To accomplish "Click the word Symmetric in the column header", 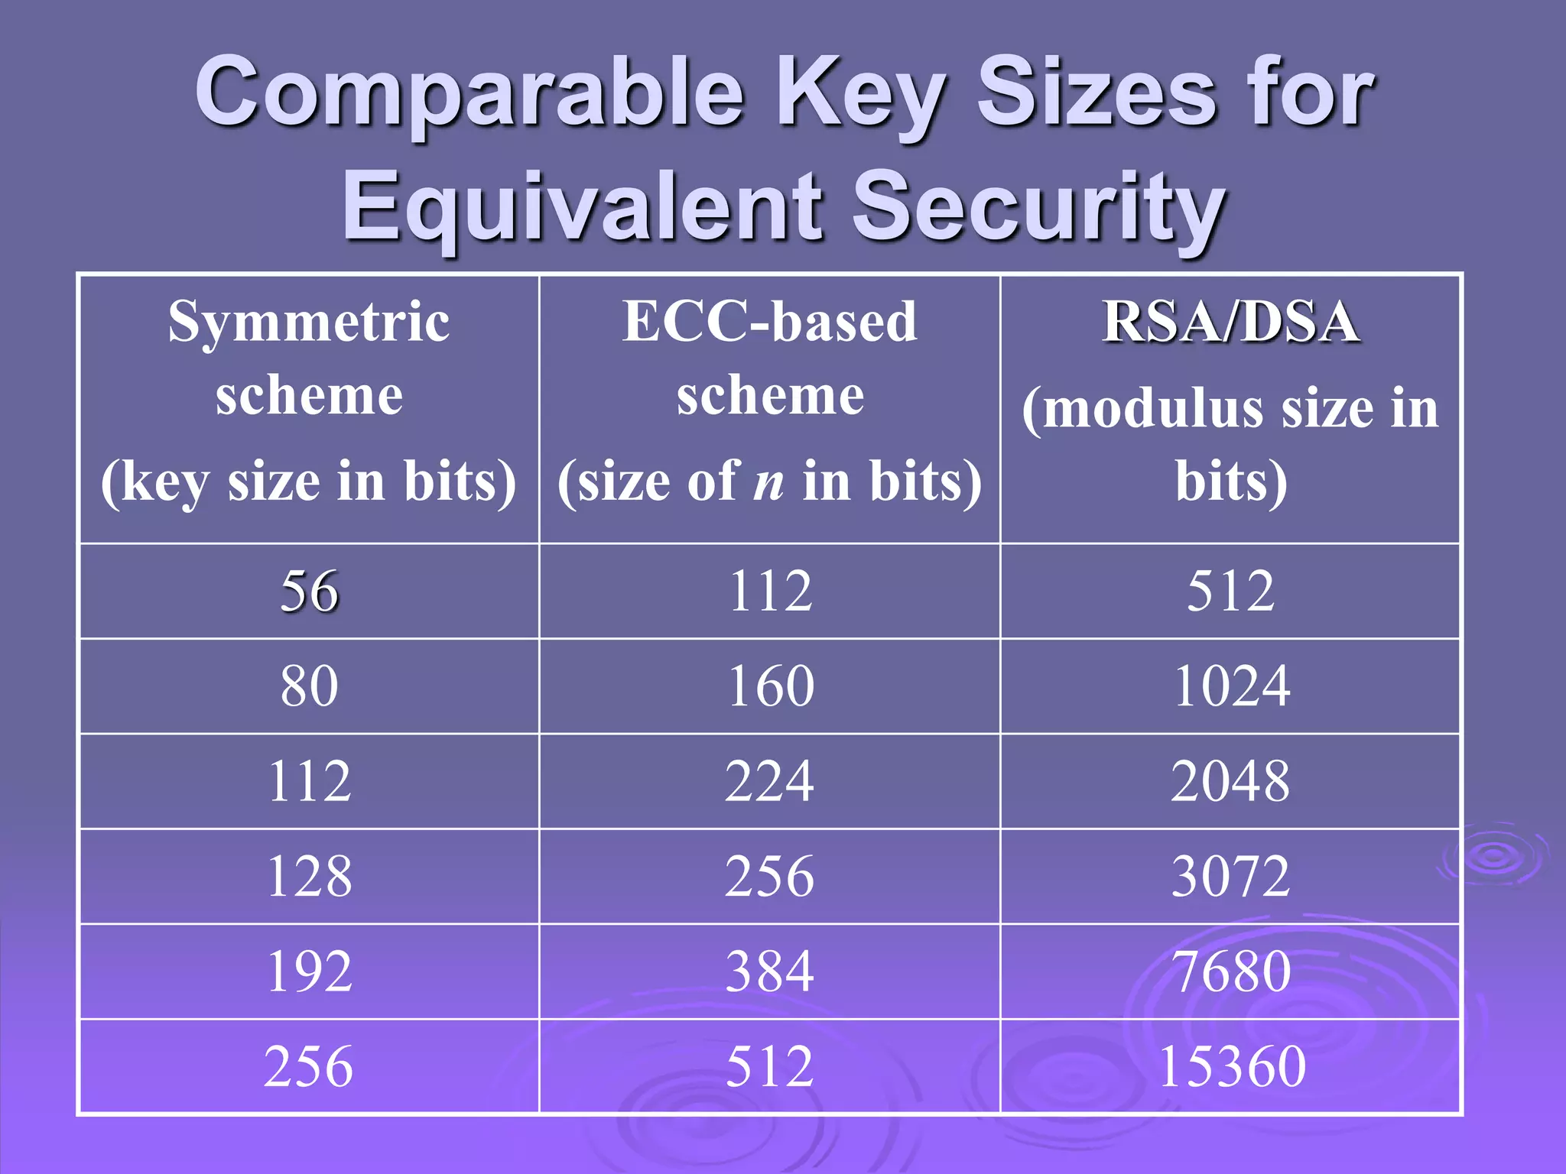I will tap(309, 322).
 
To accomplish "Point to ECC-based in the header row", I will tap(769, 322).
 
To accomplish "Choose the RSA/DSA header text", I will tap(1230, 322).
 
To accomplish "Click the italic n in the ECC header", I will tap(769, 482).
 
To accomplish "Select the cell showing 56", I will tap(309, 592).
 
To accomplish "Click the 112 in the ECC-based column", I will tap(769, 592).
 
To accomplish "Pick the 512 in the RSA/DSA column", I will tap(1230, 592).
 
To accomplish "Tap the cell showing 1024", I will tap(1230, 686).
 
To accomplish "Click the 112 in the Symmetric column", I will tap(309, 781).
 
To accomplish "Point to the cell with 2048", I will tap(1230, 781).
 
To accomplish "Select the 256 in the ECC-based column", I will tap(769, 876).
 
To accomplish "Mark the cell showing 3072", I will tap(1230, 876).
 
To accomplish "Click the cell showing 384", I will tap(769, 971).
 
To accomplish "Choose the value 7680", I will tap(1230, 971).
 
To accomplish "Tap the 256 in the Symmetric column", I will tap(309, 1066).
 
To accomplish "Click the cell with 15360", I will tap(1230, 1066).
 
